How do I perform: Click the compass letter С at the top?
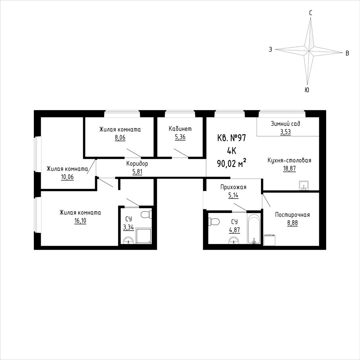310,13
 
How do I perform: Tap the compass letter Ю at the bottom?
307,90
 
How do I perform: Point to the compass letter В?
347,53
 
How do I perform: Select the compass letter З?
271,49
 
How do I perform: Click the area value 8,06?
120,138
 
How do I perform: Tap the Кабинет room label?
180,129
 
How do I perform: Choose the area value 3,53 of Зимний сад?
285,132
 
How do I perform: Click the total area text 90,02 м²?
232,164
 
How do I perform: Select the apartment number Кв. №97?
231,138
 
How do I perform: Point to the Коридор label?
137,164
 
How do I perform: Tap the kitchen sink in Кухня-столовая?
304,186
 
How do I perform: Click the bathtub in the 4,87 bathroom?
254,228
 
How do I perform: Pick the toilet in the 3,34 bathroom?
146,215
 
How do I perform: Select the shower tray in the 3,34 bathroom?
144,236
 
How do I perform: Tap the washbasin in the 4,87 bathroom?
234,240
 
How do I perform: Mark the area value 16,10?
80,221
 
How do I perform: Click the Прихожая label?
233,187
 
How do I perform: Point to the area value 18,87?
289,169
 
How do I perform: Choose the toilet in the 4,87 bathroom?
214,222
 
